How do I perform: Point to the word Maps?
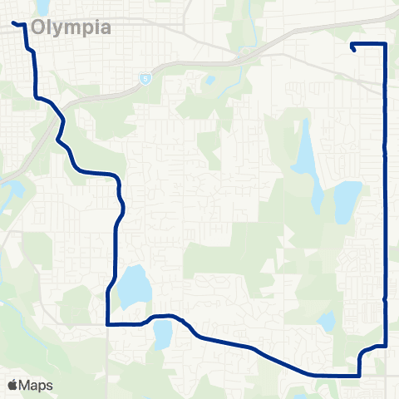(x=37, y=385)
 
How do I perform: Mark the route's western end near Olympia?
(x=13, y=22)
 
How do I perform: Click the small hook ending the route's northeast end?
(x=355, y=48)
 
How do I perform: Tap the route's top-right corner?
(x=385, y=43)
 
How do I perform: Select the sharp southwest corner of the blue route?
(x=108, y=325)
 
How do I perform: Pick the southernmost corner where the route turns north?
(x=359, y=375)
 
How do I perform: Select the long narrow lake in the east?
(x=305, y=154)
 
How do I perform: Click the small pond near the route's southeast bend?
(x=327, y=322)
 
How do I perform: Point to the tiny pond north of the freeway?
(x=209, y=81)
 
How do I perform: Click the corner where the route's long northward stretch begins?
(x=385, y=345)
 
